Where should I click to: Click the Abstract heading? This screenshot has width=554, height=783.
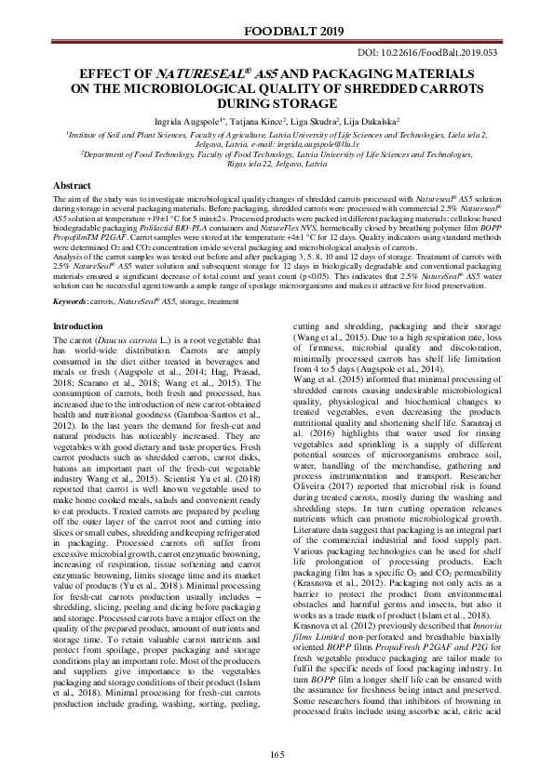(72, 187)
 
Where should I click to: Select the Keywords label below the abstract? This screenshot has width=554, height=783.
(73, 275)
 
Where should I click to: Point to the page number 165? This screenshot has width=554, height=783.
(277, 752)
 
